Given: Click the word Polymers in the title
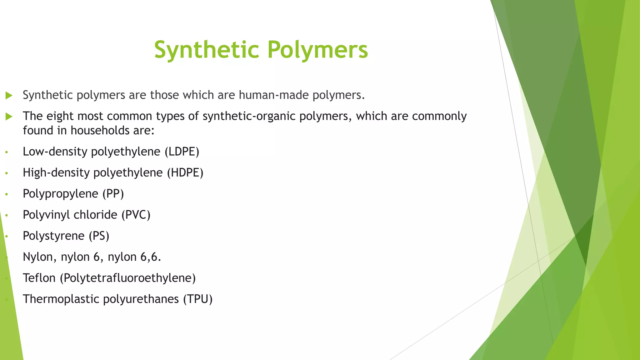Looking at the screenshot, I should point(318,50).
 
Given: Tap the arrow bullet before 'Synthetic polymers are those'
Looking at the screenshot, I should point(9,95).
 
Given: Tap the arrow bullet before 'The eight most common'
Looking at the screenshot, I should point(9,117).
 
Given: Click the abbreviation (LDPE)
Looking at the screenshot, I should point(182,152).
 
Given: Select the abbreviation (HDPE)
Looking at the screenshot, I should point(185,173).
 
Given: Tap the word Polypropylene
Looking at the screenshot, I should point(60,194).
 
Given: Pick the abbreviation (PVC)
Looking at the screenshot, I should point(136,215).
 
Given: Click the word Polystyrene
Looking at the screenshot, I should point(53,236).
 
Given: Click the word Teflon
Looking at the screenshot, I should point(39,278).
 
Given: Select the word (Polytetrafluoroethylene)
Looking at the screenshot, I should point(127,278).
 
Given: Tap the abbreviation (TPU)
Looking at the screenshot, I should point(198,299).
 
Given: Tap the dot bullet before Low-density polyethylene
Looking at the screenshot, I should point(7,152).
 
